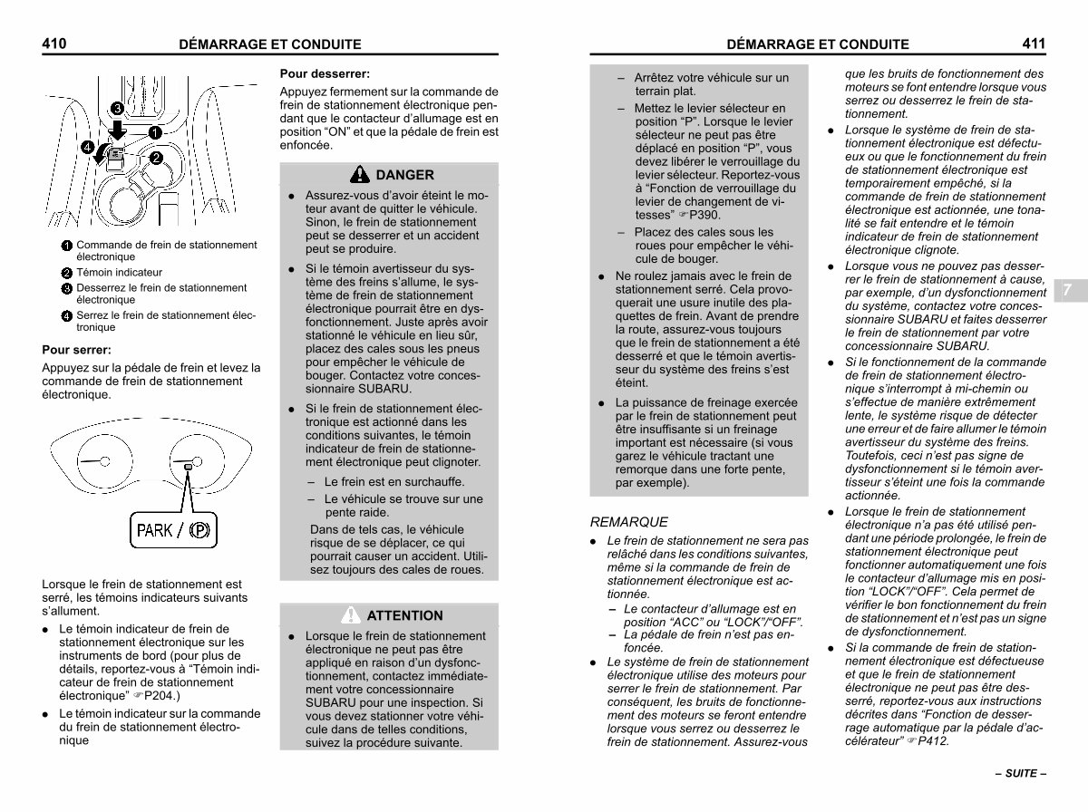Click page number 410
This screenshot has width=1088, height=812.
(x=54, y=43)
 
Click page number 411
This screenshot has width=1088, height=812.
(x=1034, y=43)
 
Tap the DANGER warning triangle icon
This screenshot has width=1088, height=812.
(x=361, y=175)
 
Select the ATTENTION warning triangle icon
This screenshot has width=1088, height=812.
(x=351, y=615)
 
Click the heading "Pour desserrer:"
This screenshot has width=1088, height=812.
(x=325, y=73)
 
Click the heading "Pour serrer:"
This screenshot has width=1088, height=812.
(x=77, y=349)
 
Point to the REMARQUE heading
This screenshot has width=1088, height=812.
(x=628, y=522)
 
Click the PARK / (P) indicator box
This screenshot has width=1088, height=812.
(x=172, y=529)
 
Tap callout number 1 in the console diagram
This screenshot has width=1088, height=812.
(x=155, y=132)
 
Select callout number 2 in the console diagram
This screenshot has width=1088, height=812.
(x=155, y=159)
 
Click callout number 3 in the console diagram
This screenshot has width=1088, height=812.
(x=117, y=109)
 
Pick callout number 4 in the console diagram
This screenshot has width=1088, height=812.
(x=86, y=147)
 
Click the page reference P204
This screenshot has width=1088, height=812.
(x=162, y=696)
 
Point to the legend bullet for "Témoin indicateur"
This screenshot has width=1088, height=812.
(x=67, y=273)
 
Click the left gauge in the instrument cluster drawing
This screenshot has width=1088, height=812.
(x=95, y=460)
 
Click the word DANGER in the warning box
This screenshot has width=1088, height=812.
(x=404, y=175)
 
